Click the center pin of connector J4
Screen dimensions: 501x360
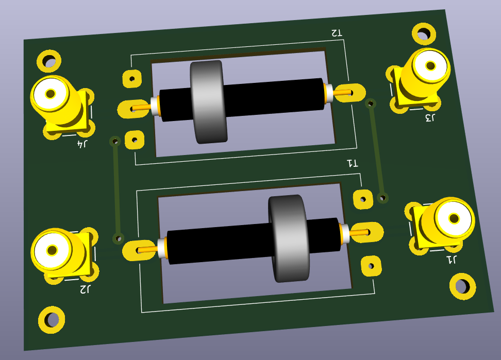pos(51,94)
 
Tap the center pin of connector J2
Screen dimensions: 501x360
pos(53,250)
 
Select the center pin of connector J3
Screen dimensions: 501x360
pos(431,66)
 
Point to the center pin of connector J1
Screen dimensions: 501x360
pos(454,218)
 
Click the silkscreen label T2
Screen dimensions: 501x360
pos(337,33)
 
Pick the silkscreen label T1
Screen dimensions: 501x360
pos(353,164)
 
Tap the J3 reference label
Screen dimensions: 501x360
pos(430,118)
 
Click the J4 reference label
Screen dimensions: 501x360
pos(82,144)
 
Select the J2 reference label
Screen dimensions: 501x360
pos(85,289)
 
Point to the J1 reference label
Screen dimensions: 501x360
pos(451,260)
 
